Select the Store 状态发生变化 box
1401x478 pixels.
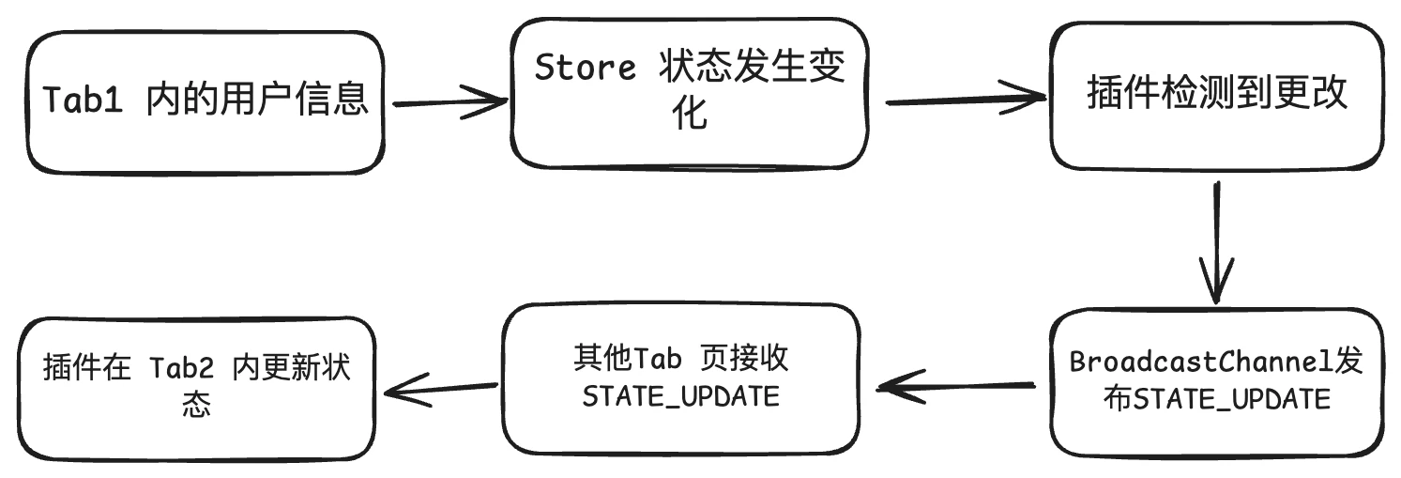pos(690,94)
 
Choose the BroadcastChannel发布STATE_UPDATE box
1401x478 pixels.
pos(1216,381)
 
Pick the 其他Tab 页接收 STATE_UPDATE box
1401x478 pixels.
pos(680,378)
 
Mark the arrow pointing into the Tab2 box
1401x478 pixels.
pos(440,388)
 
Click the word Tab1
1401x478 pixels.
pos(84,100)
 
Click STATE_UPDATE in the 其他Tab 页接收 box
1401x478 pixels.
pos(680,396)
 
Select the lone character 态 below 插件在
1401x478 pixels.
pos(196,405)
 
